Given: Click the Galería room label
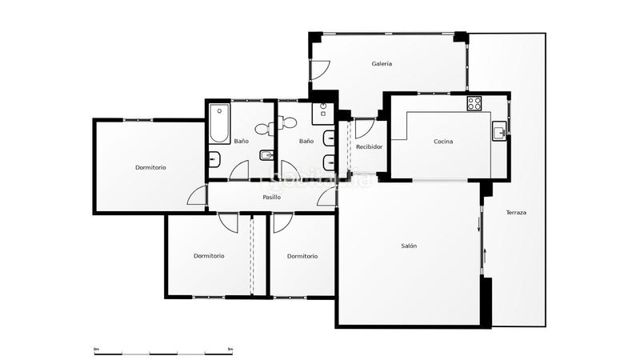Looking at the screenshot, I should [382, 64].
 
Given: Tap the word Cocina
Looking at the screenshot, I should [443, 142].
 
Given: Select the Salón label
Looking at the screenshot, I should [409, 246].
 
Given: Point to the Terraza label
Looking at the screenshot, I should [516, 213].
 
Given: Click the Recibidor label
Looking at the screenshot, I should [369, 147].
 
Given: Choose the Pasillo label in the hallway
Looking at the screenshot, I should [271, 197].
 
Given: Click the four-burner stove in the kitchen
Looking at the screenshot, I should [474, 103].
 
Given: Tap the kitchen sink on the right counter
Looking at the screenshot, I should [498, 131].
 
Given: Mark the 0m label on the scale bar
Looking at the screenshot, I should [96, 350].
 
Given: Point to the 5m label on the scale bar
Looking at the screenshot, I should [230, 350].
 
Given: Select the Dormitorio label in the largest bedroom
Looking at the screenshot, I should [150, 167].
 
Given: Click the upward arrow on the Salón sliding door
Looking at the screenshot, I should [486, 258].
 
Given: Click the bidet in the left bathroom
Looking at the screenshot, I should [214, 158].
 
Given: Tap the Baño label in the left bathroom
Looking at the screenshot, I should [241, 142].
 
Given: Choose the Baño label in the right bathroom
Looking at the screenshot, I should [306, 142].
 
